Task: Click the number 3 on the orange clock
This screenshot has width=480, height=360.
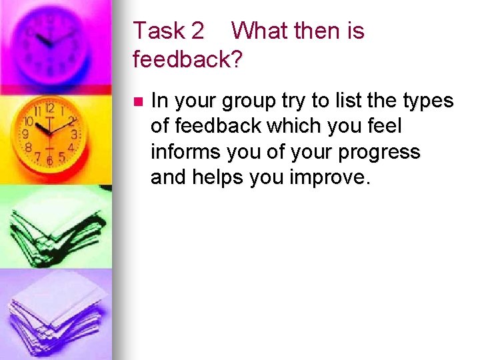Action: (74, 134)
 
